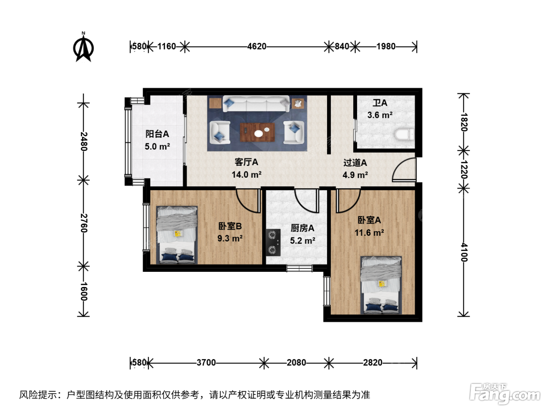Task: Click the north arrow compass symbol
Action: click(83, 47)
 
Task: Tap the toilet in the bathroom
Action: click(404, 134)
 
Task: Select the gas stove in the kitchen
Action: click(273, 242)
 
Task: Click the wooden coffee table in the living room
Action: click(257, 132)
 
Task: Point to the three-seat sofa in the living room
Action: click(256, 104)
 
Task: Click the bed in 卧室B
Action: click(177, 235)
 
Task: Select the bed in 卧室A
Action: click(381, 285)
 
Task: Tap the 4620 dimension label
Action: click(257, 46)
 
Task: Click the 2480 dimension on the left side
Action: click(84, 141)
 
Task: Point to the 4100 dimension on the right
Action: click(464, 252)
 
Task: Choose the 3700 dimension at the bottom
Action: click(206, 362)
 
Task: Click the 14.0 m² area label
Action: click(247, 175)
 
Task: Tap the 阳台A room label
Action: click(157, 134)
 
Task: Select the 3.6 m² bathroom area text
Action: click(380, 115)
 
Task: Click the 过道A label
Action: click(355, 163)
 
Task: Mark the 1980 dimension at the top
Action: click(386, 46)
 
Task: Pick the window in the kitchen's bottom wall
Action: click(299, 268)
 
